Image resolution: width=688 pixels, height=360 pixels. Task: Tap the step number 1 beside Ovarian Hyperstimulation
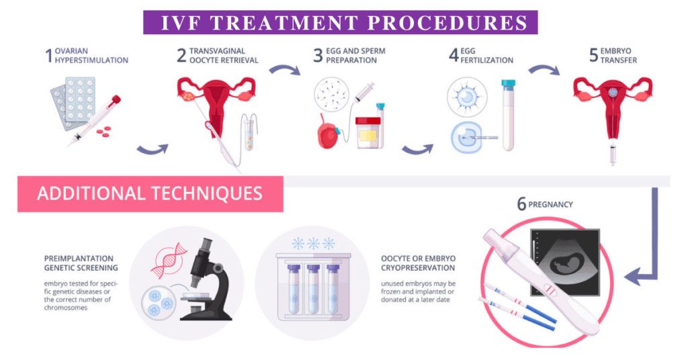[x=48, y=56]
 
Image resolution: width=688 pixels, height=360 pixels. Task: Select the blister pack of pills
[x=74, y=102]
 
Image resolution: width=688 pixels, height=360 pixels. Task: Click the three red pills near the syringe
[x=103, y=131]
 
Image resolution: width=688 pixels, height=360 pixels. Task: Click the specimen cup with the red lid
[x=368, y=132]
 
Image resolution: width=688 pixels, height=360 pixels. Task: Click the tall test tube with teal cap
[x=508, y=115]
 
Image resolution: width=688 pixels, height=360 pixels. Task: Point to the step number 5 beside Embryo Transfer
[x=593, y=56]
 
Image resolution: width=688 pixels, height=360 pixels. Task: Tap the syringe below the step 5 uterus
[x=613, y=154]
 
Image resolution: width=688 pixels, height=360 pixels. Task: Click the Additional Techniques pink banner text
[x=150, y=193]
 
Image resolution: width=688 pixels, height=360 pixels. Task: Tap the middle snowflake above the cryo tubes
[x=313, y=243]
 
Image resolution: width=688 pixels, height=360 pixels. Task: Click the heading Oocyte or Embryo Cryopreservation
[x=418, y=263]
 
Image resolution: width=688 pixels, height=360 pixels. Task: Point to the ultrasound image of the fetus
[x=564, y=262]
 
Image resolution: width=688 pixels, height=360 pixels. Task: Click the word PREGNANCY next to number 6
[x=550, y=204]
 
